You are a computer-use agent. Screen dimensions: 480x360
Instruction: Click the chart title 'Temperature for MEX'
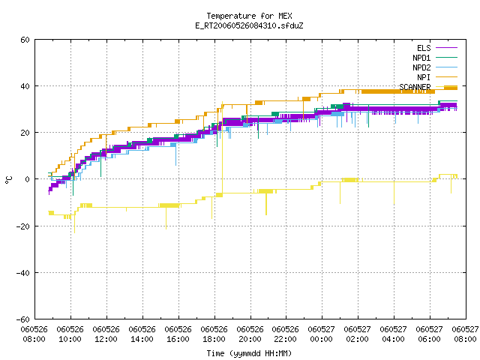249,16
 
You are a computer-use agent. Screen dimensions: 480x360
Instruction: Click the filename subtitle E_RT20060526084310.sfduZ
249,25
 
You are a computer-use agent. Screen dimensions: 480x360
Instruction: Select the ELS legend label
424,48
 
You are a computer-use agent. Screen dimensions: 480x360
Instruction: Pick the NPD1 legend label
421,58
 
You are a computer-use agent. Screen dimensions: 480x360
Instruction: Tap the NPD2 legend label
421,67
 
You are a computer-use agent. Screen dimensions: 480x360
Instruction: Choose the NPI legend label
424,77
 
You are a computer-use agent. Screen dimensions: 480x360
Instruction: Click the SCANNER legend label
415,87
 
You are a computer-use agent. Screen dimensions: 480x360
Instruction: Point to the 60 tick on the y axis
25,40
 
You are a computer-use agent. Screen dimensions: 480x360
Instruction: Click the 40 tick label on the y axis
25,86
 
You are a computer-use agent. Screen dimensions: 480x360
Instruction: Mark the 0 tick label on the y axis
28,179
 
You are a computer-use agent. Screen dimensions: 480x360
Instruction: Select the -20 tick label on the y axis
23,226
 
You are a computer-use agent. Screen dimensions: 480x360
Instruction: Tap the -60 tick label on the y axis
23,319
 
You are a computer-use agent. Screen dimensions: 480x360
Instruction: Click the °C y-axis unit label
9,180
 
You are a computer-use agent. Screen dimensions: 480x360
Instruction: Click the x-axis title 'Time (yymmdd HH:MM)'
249,353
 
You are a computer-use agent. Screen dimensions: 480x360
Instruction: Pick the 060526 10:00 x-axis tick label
70,334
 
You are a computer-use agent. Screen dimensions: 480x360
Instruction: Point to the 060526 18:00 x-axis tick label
214,334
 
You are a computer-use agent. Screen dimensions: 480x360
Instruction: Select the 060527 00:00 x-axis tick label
322,334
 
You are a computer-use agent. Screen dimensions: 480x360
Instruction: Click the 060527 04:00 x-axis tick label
393,334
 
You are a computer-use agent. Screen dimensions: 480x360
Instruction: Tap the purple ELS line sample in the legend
446,48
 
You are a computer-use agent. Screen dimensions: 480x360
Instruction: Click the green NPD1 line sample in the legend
446,57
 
